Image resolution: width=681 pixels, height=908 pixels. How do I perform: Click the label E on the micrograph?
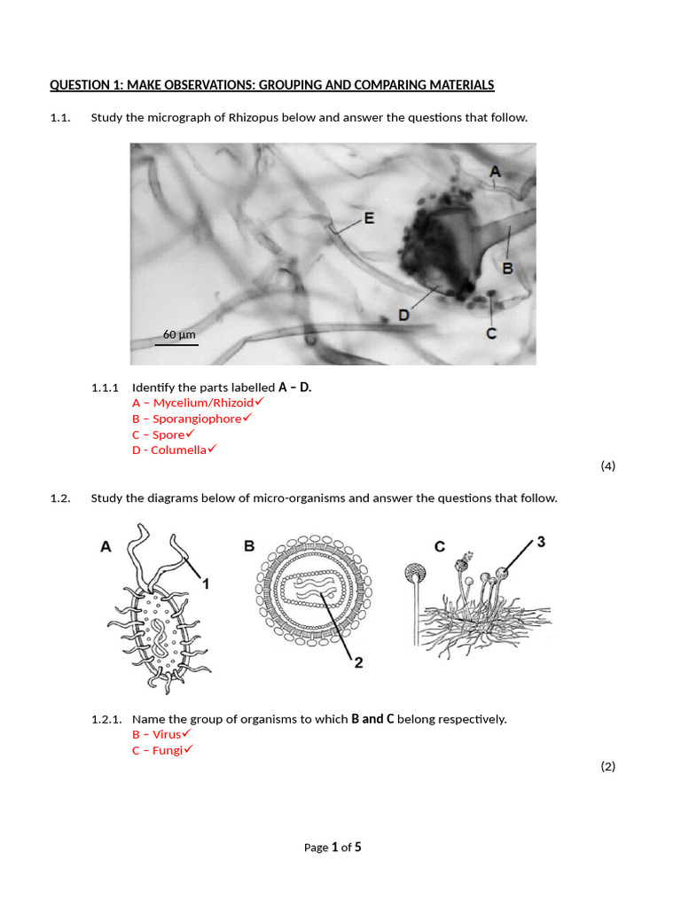pyautogui.click(x=369, y=217)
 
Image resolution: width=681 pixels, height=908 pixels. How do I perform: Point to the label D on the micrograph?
pyautogui.click(x=403, y=315)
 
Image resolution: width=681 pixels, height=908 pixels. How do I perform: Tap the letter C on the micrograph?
pyautogui.click(x=491, y=333)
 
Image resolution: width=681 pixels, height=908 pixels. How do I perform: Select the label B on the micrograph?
pyautogui.click(x=508, y=267)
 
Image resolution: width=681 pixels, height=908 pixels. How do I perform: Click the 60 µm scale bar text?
pyautogui.click(x=179, y=334)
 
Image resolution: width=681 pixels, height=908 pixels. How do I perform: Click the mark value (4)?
pyautogui.click(x=607, y=466)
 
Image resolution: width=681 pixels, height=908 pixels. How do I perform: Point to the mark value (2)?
pyautogui.click(x=607, y=766)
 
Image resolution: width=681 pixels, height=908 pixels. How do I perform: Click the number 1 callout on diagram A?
pyautogui.click(x=205, y=583)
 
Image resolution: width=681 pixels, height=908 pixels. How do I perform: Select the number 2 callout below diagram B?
pyautogui.click(x=358, y=662)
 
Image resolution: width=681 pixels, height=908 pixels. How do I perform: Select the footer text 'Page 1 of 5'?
pyautogui.click(x=333, y=847)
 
